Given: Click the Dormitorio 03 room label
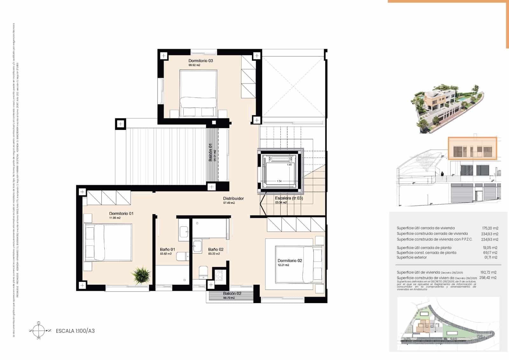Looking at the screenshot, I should [200, 60].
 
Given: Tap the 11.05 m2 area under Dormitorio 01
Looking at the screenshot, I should [115, 218].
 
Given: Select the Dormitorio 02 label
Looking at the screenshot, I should [289, 260].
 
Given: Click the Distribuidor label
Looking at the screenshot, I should [233, 198].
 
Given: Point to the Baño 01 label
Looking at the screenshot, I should [167, 250].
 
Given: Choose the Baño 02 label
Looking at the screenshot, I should [216, 250].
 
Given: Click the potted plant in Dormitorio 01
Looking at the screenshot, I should [141, 275].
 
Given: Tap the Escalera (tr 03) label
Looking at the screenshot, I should [289, 198].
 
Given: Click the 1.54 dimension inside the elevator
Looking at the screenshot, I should [279, 181].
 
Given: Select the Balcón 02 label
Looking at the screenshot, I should [232, 293].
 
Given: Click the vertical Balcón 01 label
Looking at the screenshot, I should [210, 152].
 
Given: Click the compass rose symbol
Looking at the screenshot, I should [38, 331].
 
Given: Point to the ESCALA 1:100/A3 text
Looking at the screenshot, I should [75, 331].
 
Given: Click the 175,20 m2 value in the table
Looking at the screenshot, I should [490, 228].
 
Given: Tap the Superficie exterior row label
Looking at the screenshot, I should [411, 258].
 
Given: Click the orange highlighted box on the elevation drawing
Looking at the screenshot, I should [472, 148].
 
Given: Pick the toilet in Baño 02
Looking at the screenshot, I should [203, 272].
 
